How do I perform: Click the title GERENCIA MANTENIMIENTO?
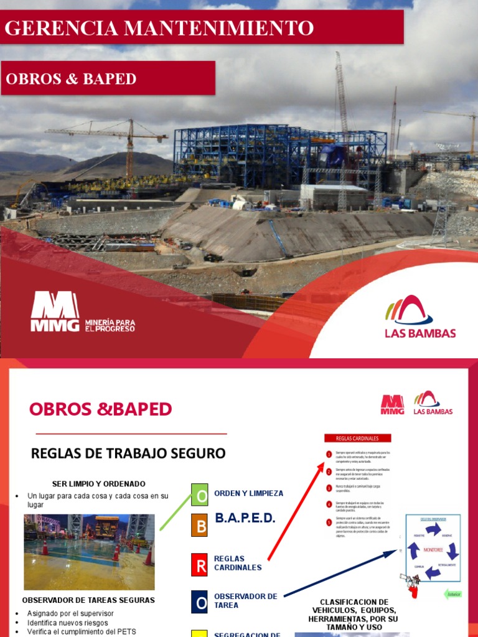[159, 28]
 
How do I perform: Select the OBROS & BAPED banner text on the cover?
[71, 79]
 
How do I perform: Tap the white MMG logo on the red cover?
[55, 311]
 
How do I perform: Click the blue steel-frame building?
[274, 156]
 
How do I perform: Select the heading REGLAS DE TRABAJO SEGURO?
[128, 453]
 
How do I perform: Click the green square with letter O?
[200, 495]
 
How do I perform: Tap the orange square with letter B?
[200, 526]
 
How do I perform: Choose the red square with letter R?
[200, 565]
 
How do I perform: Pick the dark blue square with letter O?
[200, 602]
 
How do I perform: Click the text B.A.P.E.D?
[245, 518]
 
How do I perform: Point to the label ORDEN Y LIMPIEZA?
[248, 493]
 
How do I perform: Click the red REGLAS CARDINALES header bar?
[357, 438]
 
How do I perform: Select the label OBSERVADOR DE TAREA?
[245, 600]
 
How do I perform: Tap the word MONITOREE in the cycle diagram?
[433, 550]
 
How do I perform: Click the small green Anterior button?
[453, 594]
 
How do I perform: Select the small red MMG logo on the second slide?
[392, 404]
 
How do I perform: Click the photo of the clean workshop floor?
[89, 552]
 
